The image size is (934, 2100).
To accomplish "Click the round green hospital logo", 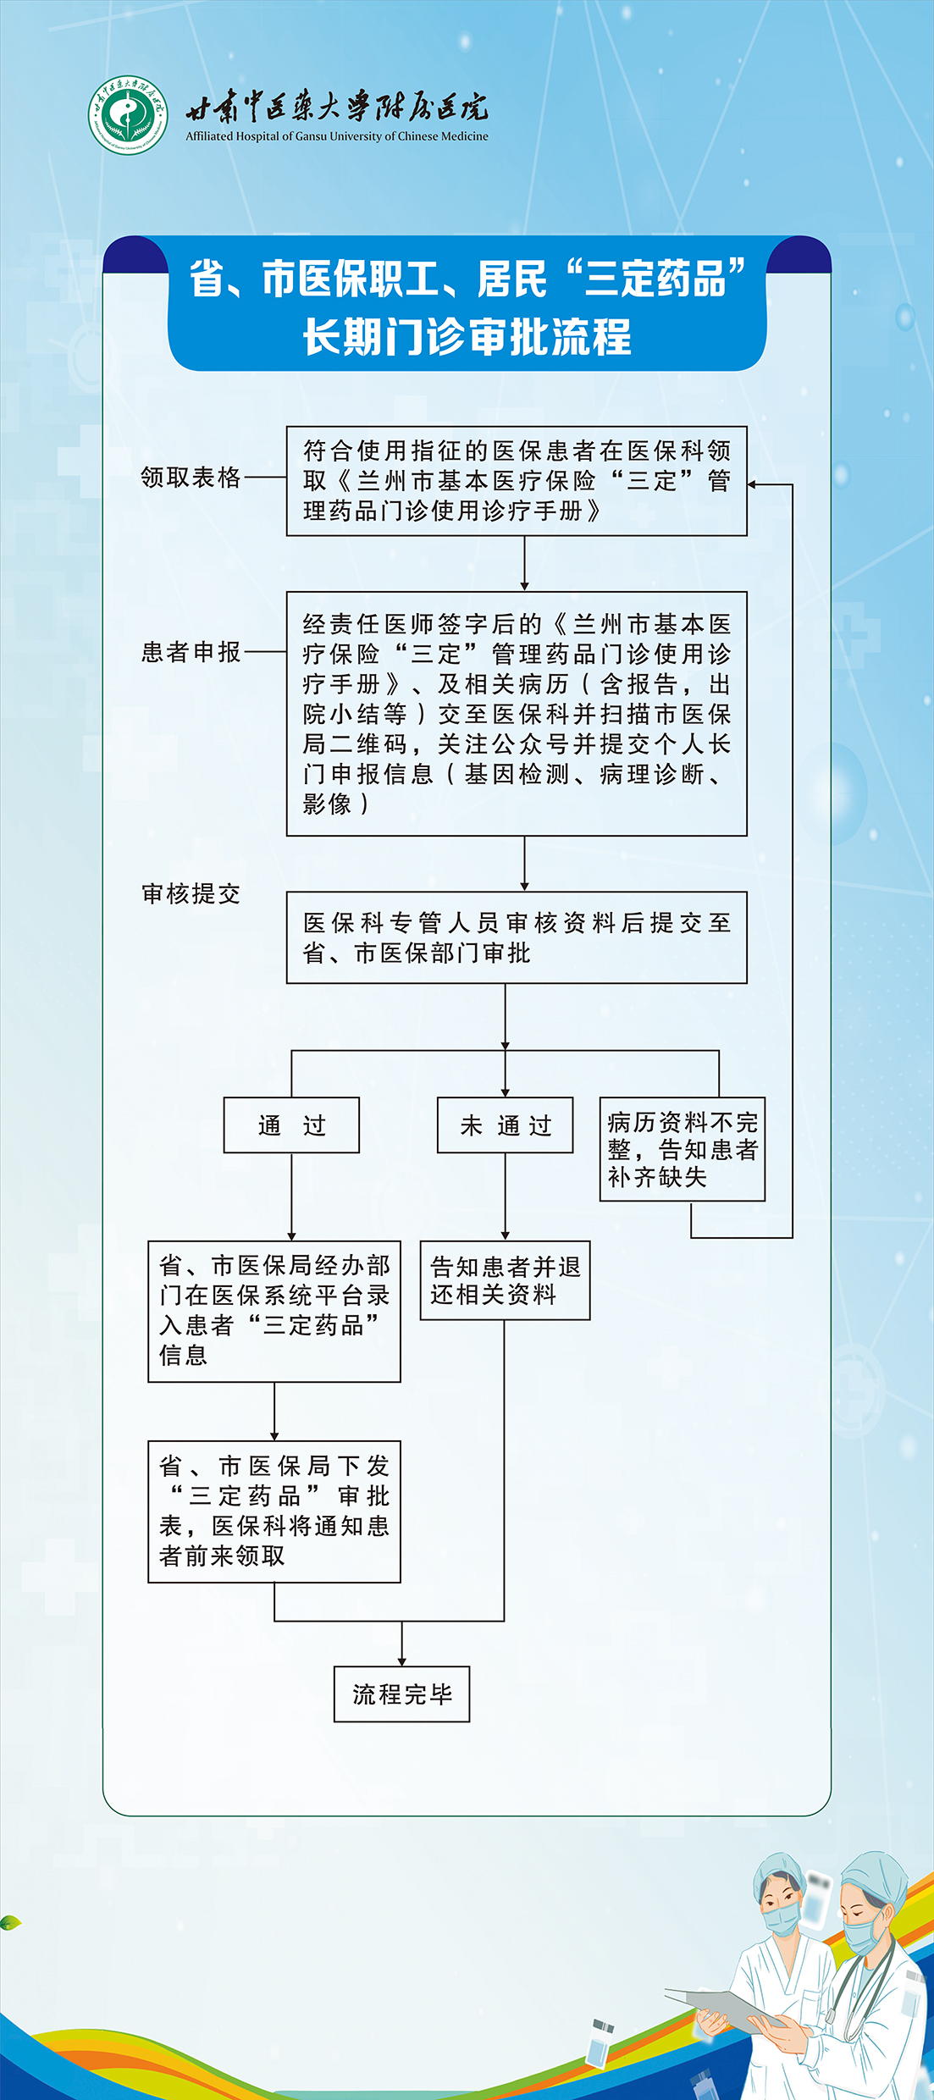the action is pos(128,115).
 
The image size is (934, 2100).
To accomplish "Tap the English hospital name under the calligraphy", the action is pos(337,136).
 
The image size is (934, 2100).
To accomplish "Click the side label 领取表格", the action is pos(191,478).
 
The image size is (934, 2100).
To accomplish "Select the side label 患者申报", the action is pos(191,652).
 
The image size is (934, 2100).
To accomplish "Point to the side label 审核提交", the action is pos(191,894).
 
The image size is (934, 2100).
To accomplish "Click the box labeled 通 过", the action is pos(291,1125).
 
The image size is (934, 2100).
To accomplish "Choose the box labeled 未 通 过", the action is pos(506,1125).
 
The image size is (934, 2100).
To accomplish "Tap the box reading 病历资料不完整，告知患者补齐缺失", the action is pos(683,1149).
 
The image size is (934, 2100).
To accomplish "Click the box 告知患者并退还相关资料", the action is pos(505,1280).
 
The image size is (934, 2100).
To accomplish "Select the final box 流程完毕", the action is pos(401,1694).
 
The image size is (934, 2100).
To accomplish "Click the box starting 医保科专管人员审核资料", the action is pos(517,937).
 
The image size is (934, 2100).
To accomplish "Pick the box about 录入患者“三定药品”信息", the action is pos(274,1312).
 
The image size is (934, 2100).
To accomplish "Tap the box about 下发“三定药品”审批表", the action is pos(274,1511).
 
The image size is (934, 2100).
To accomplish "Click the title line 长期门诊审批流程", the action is pos(467,337).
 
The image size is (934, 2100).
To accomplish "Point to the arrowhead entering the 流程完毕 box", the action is pos(402,1661).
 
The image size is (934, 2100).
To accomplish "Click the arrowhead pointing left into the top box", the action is pos(753,485).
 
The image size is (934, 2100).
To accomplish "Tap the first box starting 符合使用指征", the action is pos(517,481).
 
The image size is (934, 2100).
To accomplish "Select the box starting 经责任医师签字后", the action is pos(517,714).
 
